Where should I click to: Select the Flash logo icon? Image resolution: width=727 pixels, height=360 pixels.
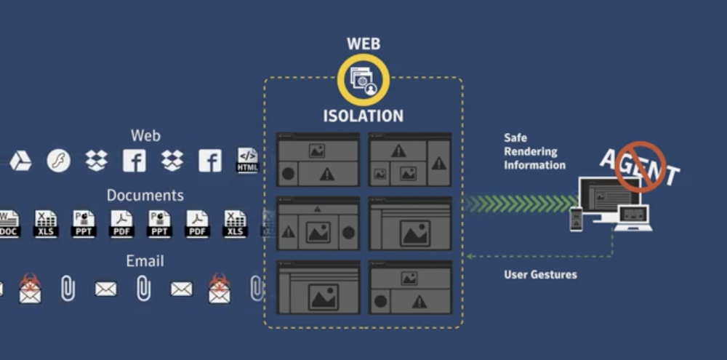pyautogui.click(x=58, y=161)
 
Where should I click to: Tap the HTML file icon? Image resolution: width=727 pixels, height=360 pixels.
pyautogui.click(x=248, y=160)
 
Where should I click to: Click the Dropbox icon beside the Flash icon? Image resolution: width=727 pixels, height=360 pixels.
pyautogui.click(x=96, y=161)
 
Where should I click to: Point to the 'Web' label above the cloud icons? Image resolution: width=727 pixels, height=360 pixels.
pyautogui.click(x=145, y=135)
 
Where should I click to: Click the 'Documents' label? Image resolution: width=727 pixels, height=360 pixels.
pyautogui.click(x=145, y=195)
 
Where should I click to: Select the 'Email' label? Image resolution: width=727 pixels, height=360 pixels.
pyautogui.click(x=145, y=260)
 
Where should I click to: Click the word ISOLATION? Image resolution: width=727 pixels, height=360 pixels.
pyautogui.click(x=363, y=116)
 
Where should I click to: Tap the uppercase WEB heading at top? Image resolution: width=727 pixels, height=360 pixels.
pyautogui.click(x=363, y=44)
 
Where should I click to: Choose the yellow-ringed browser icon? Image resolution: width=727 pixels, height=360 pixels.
pyautogui.click(x=363, y=79)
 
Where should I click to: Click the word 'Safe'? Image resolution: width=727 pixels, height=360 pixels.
pyautogui.click(x=515, y=137)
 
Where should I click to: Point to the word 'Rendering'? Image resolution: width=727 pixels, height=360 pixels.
pyautogui.click(x=531, y=151)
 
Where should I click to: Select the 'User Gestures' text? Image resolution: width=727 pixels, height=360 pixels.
pyautogui.click(x=540, y=275)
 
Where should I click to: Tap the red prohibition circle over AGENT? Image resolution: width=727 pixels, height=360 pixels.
pyautogui.click(x=640, y=167)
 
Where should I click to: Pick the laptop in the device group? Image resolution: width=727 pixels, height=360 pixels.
pyautogui.click(x=632, y=217)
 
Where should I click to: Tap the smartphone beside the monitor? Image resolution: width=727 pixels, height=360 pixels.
pyautogui.click(x=576, y=219)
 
